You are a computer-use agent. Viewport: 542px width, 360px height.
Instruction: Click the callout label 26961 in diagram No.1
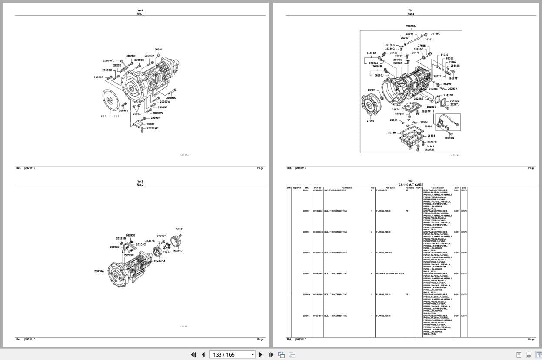click(158, 50)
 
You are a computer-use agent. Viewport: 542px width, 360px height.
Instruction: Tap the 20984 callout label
click(136, 114)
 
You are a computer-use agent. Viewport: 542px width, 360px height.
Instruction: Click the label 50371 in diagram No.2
click(180, 229)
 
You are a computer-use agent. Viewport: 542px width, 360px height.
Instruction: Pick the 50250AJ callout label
click(159, 261)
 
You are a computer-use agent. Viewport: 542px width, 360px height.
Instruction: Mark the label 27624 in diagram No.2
click(166, 253)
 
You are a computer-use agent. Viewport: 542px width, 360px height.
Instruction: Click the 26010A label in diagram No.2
click(99, 271)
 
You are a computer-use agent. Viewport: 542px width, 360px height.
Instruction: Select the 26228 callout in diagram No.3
click(409, 34)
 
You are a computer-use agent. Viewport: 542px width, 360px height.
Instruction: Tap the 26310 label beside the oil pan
click(392, 133)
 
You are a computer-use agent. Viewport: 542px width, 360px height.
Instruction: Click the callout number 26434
click(428, 127)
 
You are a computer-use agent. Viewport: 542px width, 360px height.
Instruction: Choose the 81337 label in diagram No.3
click(444, 55)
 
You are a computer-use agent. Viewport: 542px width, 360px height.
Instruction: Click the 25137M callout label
click(448, 95)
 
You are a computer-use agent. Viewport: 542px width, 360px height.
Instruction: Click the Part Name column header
click(346, 188)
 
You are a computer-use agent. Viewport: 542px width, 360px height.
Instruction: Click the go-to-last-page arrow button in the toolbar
click(270, 354)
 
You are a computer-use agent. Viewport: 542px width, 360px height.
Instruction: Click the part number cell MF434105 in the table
click(317, 190)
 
